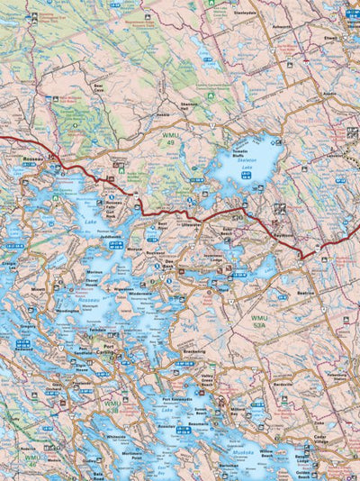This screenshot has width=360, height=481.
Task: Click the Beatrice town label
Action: [x=309, y=294]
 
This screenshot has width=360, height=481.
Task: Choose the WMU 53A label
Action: [x=260, y=322]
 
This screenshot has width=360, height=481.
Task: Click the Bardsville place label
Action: [x=283, y=382]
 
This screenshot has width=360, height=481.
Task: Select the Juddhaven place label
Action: [x=111, y=237]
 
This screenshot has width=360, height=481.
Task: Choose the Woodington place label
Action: [x=68, y=312]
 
